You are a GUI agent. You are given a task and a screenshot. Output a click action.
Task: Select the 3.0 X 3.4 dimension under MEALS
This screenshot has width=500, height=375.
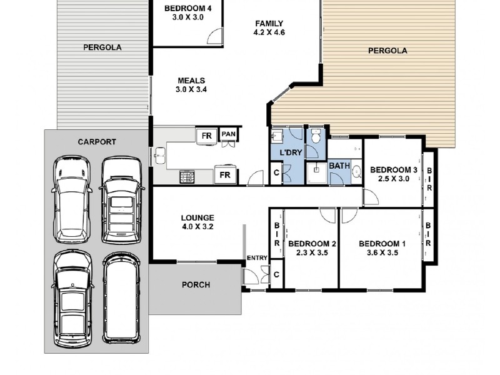click(191, 89)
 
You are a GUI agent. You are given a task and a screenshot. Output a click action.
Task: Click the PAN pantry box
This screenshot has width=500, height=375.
click(228, 134)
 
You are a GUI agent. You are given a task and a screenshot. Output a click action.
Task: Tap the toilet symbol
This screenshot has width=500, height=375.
click(317, 134)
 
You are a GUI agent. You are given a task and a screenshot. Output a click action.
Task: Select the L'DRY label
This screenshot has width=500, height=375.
click(289, 152)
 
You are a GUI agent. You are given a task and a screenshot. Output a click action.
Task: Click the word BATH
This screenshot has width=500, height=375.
click(339, 166)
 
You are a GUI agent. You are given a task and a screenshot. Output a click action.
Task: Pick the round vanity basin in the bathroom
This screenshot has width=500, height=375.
click(356, 172)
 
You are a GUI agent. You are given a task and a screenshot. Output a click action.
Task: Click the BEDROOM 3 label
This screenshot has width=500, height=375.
click(393, 169)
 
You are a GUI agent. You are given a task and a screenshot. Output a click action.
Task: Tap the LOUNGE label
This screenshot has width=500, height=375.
click(196, 217)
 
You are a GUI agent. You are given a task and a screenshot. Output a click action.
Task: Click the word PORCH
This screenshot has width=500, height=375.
click(196, 284)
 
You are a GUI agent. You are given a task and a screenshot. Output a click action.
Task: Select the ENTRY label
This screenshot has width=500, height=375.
click(256, 258)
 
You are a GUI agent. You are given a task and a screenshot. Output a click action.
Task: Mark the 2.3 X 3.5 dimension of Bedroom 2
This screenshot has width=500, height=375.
click(312, 253)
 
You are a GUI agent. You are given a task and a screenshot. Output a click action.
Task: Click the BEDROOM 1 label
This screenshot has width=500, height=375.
click(382, 243)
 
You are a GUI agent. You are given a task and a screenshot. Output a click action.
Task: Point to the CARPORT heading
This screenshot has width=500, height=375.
click(96, 142)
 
